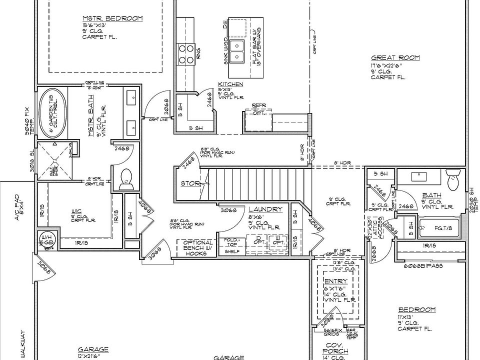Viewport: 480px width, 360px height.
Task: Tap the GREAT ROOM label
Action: (x=395, y=57)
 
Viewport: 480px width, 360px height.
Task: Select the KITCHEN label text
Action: (x=230, y=84)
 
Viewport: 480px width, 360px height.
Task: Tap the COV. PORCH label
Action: (x=335, y=348)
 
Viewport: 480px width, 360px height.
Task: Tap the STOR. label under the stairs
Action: (x=190, y=184)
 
